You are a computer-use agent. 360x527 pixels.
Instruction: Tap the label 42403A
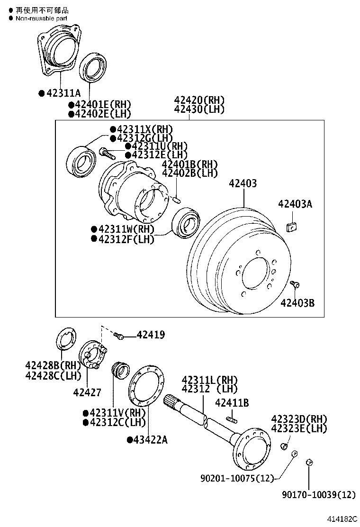point(295,204)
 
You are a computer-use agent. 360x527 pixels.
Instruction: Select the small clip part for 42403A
point(292,227)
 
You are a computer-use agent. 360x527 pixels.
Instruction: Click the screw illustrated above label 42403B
point(294,284)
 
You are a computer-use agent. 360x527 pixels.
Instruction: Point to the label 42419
point(151,336)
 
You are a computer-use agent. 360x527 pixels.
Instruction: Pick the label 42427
point(87,392)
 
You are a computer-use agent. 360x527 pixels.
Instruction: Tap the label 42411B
point(232,403)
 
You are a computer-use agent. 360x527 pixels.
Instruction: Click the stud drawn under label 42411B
point(232,419)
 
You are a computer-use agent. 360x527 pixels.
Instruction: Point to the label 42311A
point(63,93)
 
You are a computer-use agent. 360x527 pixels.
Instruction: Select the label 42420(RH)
point(199,100)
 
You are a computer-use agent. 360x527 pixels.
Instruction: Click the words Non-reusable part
point(42,18)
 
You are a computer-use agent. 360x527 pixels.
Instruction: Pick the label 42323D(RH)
point(299,419)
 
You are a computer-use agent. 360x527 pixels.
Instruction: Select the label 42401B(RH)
point(189,164)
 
